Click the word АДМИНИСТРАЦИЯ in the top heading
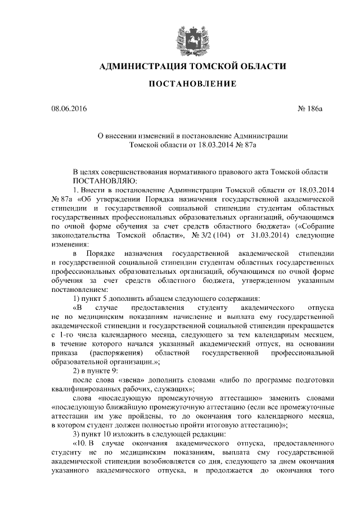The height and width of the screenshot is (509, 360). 143,67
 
